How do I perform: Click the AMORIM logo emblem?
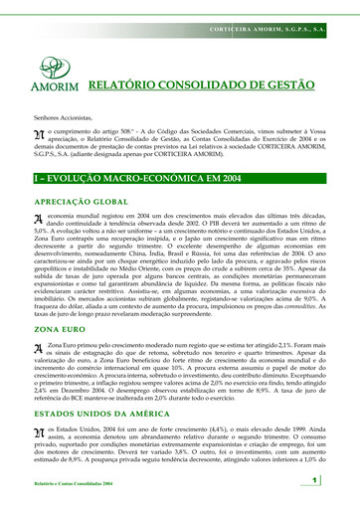[50, 69]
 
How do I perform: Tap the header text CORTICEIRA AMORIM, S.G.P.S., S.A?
[268, 8]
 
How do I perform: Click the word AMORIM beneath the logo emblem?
[49, 88]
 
